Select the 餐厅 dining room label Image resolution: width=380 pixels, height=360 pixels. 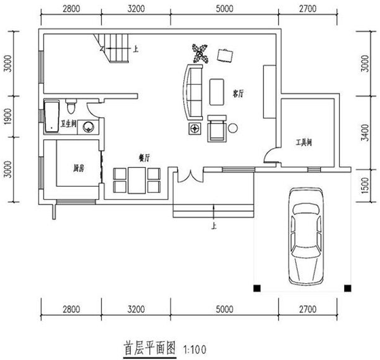[x=143, y=158]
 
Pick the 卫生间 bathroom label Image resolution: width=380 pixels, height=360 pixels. [x=69, y=124]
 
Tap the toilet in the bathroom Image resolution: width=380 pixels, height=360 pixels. [x=71, y=107]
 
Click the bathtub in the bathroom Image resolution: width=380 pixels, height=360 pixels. [x=51, y=116]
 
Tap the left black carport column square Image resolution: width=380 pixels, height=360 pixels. [x=257, y=287]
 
